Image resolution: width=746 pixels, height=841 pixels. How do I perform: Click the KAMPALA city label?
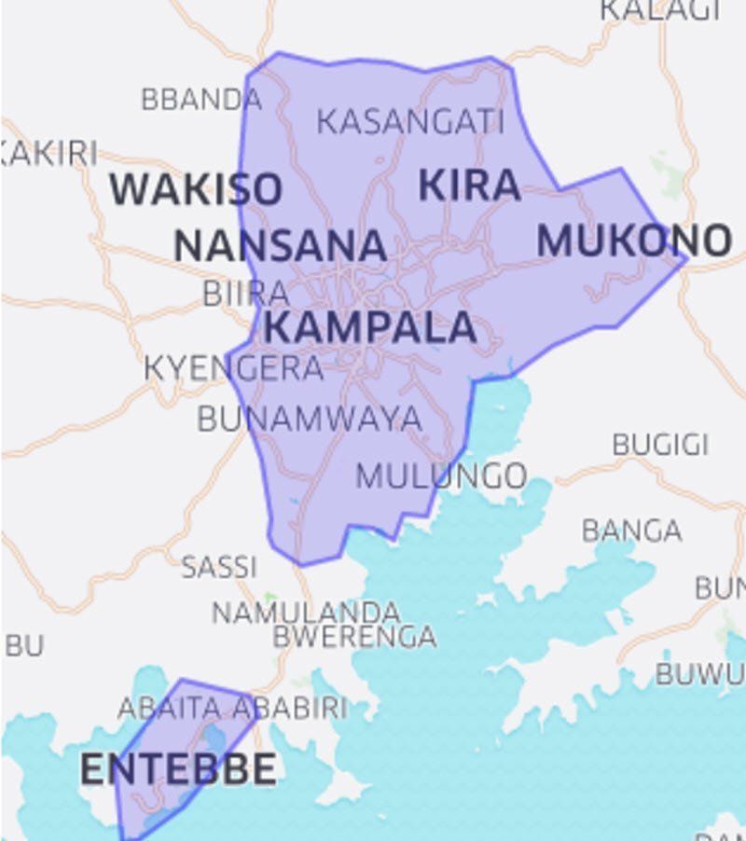coord(370,328)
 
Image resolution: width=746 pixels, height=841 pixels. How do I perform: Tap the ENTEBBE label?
coord(178,769)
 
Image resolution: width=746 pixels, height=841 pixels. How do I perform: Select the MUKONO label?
coord(634,241)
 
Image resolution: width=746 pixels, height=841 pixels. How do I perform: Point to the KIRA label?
coord(469,185)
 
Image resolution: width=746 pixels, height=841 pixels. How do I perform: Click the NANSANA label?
coord(280,246)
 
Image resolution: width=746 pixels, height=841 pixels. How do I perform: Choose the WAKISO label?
coord(196,189)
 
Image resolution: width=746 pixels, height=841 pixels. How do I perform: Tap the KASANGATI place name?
coord(410,121)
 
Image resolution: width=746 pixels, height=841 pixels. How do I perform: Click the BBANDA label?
coord(201,99)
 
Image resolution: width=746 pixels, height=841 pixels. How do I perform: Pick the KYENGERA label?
coord(233,368)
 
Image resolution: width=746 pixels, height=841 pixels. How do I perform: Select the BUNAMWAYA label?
coord(310,420)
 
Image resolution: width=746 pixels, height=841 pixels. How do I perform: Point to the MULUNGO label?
coord(441,476)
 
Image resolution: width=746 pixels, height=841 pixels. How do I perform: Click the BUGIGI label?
coord(660,445)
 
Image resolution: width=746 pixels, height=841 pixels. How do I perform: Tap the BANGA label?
coord(631,531)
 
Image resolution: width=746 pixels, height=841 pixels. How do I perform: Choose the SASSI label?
coord(218,566)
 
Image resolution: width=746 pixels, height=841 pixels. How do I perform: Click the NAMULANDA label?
coord(306,613)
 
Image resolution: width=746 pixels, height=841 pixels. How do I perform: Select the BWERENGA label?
coord(354,637)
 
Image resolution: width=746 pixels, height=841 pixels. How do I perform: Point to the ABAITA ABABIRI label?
coord(232,708)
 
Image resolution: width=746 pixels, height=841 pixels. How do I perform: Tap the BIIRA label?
coord(246,294)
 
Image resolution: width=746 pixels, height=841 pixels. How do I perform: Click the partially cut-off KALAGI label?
coord(660,10)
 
